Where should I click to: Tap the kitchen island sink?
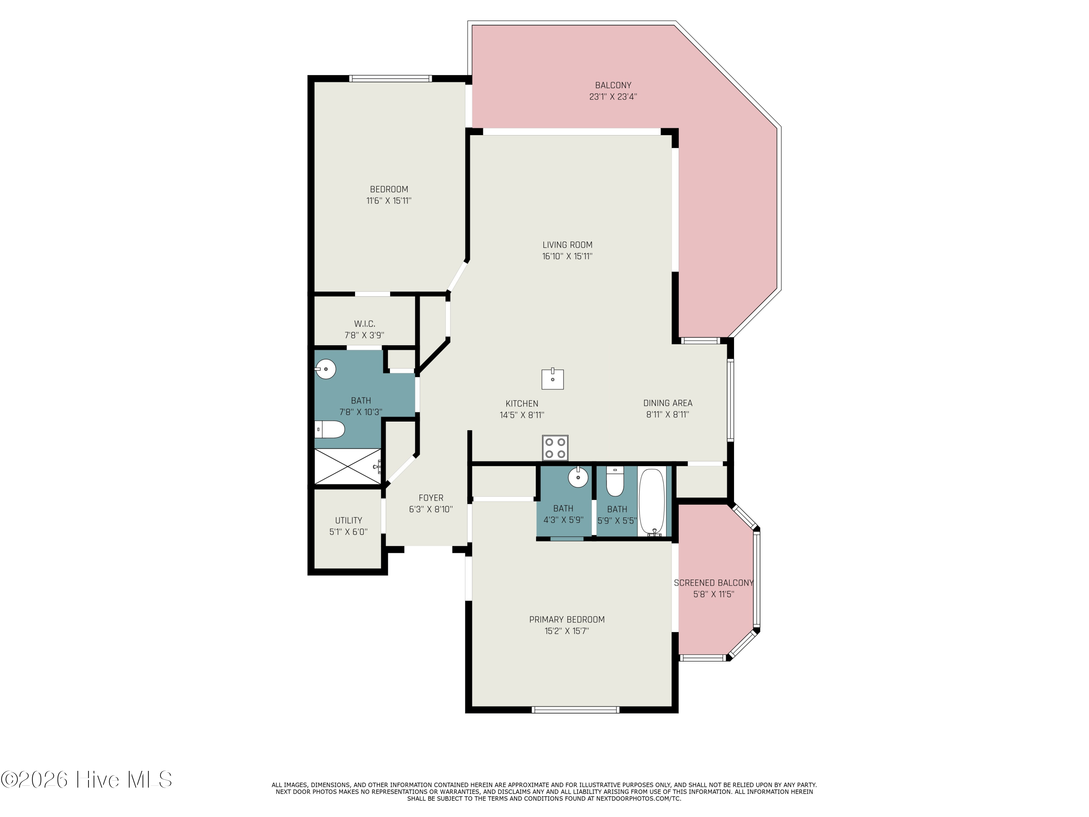[x=552, y=379]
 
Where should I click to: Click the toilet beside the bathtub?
[x=615, y=481]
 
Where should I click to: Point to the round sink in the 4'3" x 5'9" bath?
[x=578, y=477]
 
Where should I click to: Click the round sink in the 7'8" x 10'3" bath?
[x=325, y=369]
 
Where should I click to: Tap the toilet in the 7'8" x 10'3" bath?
[x=330, y=430]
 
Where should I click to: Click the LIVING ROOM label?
[x=567, y=245]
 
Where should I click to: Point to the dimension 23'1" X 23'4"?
[x=613, y=97]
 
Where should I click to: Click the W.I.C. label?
[x=364, y=324]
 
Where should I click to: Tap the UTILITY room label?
[x=348, y=520]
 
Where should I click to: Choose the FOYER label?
[x=431, y=498]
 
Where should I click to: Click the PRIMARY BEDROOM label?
[x=567, y=619]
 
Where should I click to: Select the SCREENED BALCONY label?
[x=713, y=582]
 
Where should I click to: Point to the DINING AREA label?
[x=668, y=403]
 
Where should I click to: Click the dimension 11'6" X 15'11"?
[x=388, y=201]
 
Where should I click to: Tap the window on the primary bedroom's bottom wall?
[x=575, y=710]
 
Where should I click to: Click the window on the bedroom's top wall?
[x=390, y=78]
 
